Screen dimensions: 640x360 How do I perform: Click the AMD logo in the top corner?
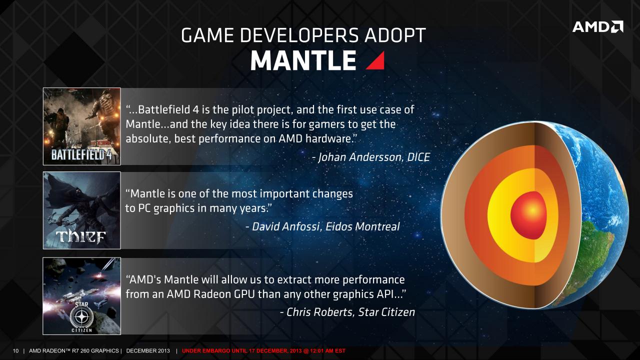pos(597,27)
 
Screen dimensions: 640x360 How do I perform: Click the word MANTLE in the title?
pos(303,60)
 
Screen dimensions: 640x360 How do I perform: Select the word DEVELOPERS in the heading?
pos(299,35)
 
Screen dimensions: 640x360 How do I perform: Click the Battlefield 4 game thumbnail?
pos(81,126)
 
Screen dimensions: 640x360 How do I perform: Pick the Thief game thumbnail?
pos(81,210)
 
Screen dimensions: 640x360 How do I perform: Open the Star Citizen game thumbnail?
pos(81,296)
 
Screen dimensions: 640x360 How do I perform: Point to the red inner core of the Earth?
pos(528,215)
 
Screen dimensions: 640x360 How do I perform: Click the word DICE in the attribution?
pos(418,157)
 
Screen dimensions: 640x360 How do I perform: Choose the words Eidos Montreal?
pos(362,226)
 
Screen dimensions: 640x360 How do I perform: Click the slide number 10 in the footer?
pos(15,351)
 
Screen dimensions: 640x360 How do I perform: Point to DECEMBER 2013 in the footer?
pos(148,351)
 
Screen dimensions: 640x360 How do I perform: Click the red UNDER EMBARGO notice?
pos(263,351)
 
